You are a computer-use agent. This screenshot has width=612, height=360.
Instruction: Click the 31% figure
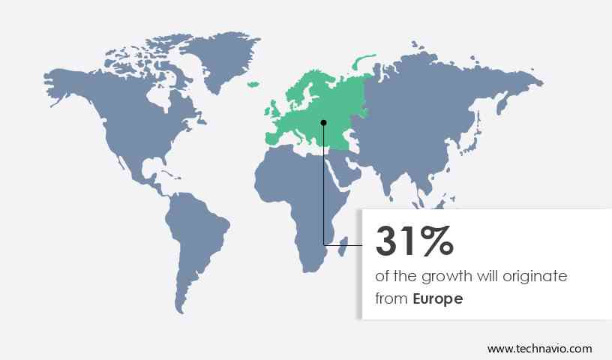414,241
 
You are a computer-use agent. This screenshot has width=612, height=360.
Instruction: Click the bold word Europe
438,298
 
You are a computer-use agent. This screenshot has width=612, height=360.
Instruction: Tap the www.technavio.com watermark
539,349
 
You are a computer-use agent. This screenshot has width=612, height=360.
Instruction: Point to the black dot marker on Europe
324,122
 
